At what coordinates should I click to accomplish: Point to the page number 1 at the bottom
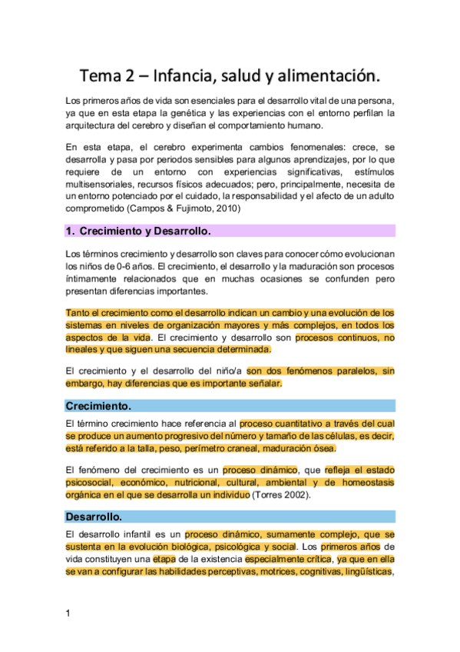(x=68, y=613)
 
